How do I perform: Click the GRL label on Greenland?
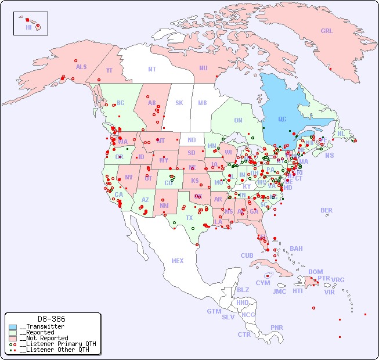click(x=327, y=31)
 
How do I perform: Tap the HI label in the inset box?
click(x=28, y=27)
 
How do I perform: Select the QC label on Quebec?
click(x=282, y=120)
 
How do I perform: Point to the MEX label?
click(x=178, y=261)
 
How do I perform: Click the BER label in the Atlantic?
click(x=327, y=210)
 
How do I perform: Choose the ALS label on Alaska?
click(x=81, y=67)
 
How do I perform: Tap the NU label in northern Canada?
click(x=203, y=68)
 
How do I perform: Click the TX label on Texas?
click(x=189, y=218)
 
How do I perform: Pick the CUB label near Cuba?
click(x=247, y=255)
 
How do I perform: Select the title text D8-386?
click(x=51, y=319)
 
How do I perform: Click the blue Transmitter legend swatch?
click(x=13, y=327)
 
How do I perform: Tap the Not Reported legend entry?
click(x=44, y=338)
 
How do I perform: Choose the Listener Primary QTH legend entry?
click(x=55, y=344)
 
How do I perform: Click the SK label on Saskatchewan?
click(x=179, y=103)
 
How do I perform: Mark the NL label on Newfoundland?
click(x=341, y=133)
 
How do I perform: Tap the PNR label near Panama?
click(x=277, y=327)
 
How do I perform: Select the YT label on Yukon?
click(x=109, y=70)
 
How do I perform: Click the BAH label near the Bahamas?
click(x=296, y=249)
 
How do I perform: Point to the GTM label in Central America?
click(x=214, y=311)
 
